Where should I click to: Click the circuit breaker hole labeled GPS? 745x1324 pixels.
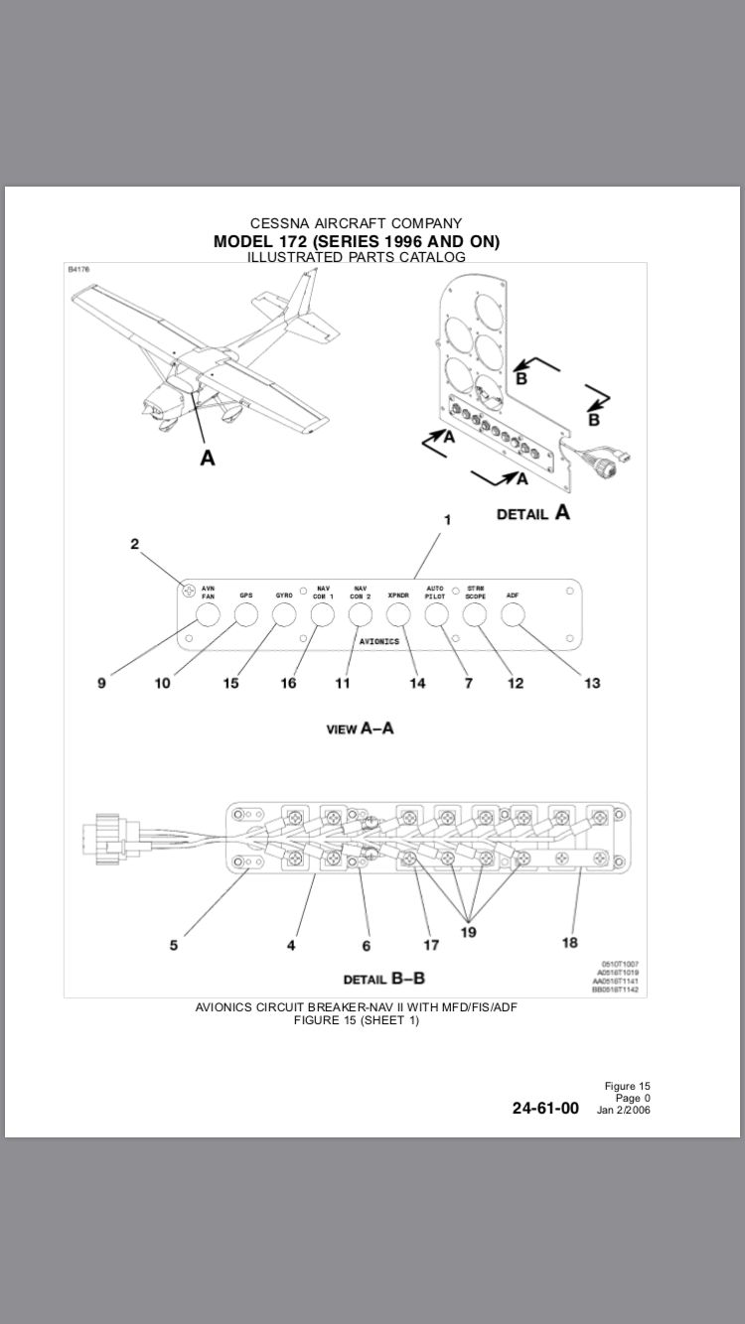click(x=245, y=615)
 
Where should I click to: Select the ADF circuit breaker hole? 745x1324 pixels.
click(x=513, y=615)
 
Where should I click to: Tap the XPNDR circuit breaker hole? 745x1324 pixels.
click(x=398, y=615)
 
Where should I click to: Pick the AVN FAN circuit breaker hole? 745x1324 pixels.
click(x=208, y=615)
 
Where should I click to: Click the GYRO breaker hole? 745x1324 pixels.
click(x=284, y=615)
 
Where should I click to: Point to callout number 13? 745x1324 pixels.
click(x=592, y=683)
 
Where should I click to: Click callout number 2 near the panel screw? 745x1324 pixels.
click(x=135, y=544)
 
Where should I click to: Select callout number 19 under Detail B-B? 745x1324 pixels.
click(x=469, y=932)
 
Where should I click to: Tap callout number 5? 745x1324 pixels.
click(x=174, y=945)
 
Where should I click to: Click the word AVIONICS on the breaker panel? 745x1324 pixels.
click(x=379, y=641)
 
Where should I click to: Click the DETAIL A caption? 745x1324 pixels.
click(x=533, y=514)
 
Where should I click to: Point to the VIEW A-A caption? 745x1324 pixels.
click(x=360, y=728)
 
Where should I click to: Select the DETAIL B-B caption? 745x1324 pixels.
click(x=383, y=979)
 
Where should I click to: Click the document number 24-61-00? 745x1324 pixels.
click(x=545, y=1109)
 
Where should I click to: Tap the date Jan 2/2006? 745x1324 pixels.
click(x=624, y=1110)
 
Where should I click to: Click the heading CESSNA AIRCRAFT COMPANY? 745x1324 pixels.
click(x=356, y=223)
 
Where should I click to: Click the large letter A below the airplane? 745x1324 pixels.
click(x=208, y=458)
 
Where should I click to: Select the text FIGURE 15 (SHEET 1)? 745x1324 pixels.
click(x=357, y=1020)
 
